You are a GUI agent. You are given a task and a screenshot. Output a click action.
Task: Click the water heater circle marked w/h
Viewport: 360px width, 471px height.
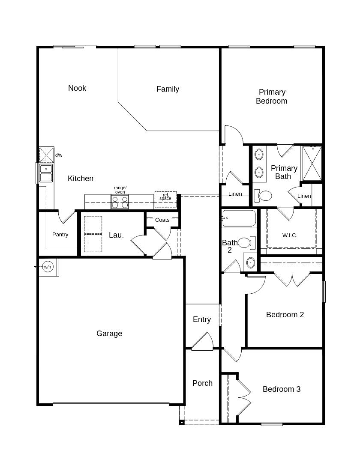(x=48, y=267)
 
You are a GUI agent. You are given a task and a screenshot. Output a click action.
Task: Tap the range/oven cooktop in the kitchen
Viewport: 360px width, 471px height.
(x=120, y=202)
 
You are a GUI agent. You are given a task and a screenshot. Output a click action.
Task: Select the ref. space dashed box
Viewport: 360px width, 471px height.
(x=165, y=200)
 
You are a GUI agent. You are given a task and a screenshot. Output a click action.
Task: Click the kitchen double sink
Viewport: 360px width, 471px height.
(x=46, y=173)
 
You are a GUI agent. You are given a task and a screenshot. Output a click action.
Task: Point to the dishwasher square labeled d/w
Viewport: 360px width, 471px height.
(x=46, y=155)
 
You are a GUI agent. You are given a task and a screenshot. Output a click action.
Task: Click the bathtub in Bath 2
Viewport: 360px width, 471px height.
(x=239, y=218)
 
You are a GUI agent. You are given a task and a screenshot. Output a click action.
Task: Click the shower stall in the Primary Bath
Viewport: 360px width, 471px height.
(x=312, y=164)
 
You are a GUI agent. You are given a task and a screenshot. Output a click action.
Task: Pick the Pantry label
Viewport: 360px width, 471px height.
(x=60, y=235)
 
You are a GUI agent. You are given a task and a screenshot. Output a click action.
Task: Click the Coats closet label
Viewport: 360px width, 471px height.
(x=162, y=220)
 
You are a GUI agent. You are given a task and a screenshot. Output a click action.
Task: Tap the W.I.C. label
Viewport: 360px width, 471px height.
(x=290, y=235)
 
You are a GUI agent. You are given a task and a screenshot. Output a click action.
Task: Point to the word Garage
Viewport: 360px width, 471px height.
(x=109, y=334)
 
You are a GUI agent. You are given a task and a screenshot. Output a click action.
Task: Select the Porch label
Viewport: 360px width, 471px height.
(x=202, y=383)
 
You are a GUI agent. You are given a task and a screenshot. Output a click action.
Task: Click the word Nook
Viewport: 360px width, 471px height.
(x=77, y=88)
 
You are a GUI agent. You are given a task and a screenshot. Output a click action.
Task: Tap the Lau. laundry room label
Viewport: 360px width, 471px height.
(x=116, y=235)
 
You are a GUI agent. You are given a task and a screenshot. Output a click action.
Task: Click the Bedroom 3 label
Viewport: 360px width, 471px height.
(x=282, y=389)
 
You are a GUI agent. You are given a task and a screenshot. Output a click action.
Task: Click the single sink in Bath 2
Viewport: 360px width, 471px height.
(x=251, y=263)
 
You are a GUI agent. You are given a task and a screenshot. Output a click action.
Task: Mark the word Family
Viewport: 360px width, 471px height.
(x=168, y=89)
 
